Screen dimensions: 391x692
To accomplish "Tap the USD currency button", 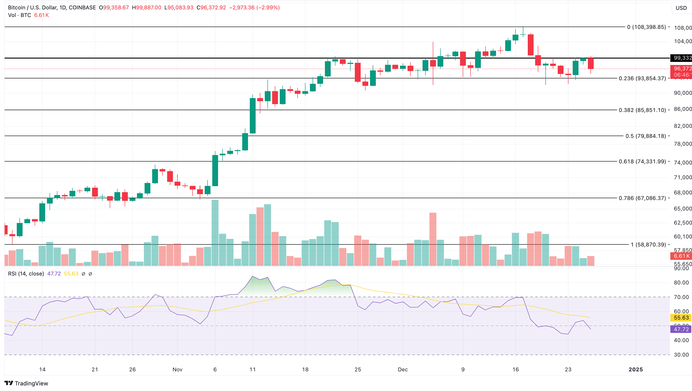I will (681, 8).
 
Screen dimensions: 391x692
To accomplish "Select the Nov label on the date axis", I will (177, 370).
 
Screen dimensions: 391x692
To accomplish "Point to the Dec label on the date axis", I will (403, 370).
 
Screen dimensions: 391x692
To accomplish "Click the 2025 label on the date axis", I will (636, 370).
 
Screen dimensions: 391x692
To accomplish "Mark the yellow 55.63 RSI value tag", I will (681, 318).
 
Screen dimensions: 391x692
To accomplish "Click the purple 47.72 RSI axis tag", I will (681, 329).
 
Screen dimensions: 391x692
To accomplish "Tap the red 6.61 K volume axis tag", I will (681, 256).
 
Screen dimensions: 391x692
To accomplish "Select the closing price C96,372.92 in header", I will (211, 8).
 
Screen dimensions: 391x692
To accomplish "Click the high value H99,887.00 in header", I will (146, 8).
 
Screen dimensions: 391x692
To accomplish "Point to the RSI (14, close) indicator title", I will (26, 274).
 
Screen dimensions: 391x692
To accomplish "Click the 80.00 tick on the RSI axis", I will (681, 282).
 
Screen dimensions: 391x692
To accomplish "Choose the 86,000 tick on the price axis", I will (682, 109).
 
